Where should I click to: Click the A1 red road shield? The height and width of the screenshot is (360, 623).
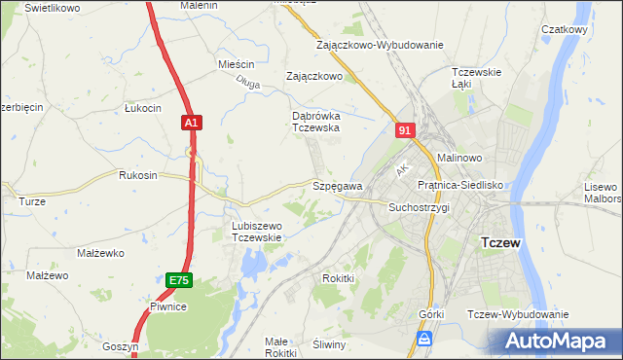click(x=192, y=123)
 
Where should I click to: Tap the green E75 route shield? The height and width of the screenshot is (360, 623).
click(x=178, y=280)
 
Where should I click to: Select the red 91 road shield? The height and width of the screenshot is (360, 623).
click(x=406, y=129)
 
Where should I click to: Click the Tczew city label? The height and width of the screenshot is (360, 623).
click(x=502, y=243)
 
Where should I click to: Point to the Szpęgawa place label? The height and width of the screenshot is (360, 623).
click(x=338, y=186)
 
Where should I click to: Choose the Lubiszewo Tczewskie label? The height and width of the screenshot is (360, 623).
click(x=256, y=232)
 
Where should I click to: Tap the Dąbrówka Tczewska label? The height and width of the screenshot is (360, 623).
click(x=315, y=121)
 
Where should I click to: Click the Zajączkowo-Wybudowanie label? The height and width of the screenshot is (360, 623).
click(x=380, y=45)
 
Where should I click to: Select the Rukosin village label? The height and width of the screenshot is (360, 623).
click(x=137, y=176)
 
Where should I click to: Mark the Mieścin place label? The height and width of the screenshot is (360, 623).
click(x=237, y=64)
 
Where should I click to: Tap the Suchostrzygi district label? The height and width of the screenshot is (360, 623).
click(x=419, y=208)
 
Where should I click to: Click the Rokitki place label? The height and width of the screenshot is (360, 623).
click(x=339, y=278)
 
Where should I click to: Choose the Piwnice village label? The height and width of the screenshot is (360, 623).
click(x=167, y=306)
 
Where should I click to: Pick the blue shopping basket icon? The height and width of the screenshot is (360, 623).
click(x=424, y=338)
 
